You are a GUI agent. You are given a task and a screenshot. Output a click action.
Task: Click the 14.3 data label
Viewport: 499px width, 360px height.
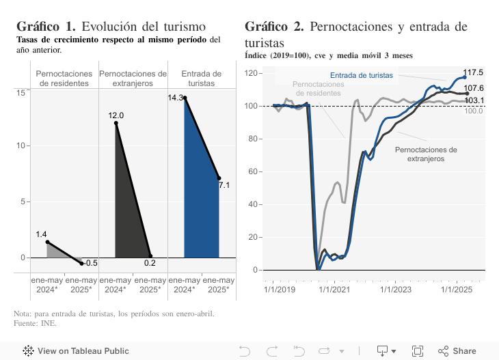175,98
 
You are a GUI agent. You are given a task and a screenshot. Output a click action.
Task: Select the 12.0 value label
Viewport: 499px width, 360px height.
116,115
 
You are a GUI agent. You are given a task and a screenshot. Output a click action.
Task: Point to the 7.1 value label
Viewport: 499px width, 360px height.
224,185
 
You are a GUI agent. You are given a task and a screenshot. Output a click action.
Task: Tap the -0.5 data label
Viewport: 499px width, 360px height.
91,263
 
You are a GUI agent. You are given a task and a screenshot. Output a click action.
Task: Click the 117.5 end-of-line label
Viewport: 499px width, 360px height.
473,72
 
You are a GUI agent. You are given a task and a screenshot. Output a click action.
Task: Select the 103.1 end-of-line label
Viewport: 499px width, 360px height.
474,100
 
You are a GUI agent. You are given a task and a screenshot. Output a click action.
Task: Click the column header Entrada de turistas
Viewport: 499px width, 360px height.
202,79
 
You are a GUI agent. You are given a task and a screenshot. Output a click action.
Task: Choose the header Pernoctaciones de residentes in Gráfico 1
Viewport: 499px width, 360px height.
64,79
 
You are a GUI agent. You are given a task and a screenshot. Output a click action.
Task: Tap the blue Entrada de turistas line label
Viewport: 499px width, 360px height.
361,75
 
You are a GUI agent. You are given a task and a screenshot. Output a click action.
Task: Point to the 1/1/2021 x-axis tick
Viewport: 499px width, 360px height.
334,289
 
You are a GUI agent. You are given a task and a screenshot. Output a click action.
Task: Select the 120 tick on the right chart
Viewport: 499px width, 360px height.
250,73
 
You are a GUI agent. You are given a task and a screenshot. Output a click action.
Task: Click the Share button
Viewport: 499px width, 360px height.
457,351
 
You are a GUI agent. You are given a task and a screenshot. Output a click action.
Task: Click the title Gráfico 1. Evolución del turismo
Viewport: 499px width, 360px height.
111,27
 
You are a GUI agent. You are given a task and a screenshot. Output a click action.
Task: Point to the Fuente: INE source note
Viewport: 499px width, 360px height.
35,323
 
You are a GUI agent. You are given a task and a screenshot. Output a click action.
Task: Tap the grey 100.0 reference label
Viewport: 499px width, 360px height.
474,111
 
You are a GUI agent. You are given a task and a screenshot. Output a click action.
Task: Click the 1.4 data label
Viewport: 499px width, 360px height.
42,234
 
